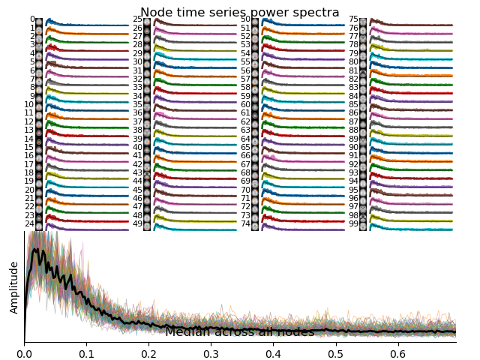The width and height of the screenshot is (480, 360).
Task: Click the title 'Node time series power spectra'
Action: click(239, 12)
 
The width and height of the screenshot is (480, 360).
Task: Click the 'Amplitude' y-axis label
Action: click(14, 287)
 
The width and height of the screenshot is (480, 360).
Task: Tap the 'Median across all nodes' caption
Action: click(239, 332)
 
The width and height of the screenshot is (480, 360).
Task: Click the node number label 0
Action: click(32, 19)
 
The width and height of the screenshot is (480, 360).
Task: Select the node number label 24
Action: click(30, 223)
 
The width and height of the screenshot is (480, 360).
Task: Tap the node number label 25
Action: click(138, 19)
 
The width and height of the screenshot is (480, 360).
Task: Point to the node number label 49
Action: click(138, 223)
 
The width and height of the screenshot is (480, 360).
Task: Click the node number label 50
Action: click(245, 19)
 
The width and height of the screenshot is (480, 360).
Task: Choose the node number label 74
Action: click(245, 223)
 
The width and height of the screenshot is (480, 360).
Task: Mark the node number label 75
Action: click(353, 19)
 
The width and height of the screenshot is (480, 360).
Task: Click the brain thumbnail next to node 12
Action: click(39, 121)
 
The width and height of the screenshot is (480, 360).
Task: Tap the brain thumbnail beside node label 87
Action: click(363, 121)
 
